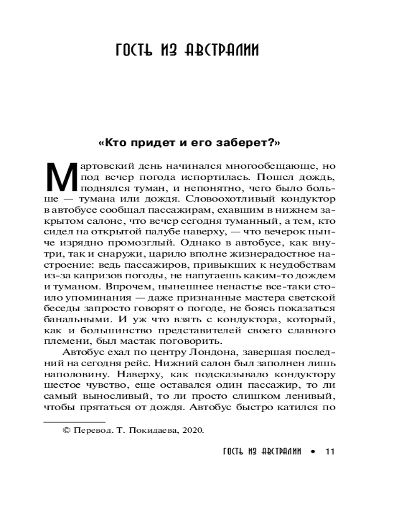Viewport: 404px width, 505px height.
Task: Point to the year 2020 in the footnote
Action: [191, 430]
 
